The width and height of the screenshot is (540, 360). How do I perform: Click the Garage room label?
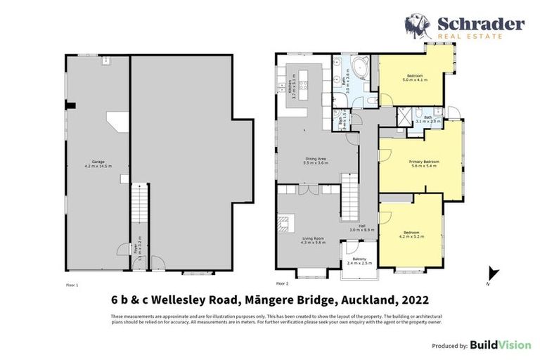[98, 164]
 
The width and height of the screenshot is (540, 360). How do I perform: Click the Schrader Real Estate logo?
[464, 27]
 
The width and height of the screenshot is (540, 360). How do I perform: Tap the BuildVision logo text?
[500, 345]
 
